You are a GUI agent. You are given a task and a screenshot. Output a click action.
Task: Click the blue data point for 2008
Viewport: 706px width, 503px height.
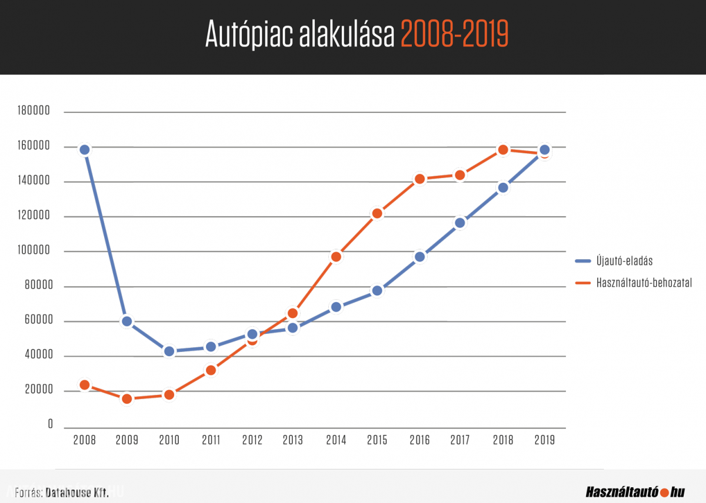click(85, 150)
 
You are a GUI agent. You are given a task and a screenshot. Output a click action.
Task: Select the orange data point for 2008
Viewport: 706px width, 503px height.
click(85, 385)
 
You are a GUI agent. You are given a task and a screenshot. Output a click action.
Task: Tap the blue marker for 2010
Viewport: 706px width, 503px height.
click(169, 351)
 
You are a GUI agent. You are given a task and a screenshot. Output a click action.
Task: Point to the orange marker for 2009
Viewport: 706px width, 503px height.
click(127, 399)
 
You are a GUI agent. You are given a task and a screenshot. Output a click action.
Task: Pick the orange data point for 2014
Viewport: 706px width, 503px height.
click(336, 257)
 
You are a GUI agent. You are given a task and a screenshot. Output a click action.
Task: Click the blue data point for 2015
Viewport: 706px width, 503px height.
click(377, 291)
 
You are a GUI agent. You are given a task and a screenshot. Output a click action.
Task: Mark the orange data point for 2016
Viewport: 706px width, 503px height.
click(419, 179)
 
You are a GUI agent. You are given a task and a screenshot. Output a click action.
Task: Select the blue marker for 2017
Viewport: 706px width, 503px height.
click(460, 223)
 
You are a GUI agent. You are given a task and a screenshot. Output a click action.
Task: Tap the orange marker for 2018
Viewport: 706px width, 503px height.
click(502, 150)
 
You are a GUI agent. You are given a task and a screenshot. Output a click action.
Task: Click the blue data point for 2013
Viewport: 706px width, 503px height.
click(293, 327)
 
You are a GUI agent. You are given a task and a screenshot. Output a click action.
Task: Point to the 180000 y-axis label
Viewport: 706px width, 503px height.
click(33, 112)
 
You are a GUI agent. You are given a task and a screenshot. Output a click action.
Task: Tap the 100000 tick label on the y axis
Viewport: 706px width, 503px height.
click(33, 251)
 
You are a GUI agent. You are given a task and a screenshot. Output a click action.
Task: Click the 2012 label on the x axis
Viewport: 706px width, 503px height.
click(252, 440)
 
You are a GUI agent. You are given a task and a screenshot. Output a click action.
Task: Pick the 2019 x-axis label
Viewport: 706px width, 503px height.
click(544, 440)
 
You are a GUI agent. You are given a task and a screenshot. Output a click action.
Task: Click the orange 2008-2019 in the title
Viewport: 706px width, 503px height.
click(454, 35)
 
